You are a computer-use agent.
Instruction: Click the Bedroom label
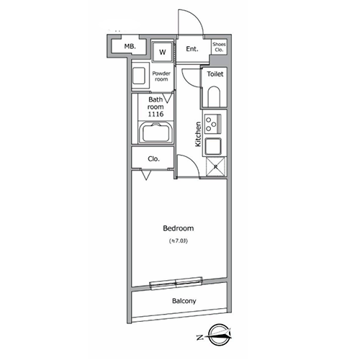[x=179, y=228]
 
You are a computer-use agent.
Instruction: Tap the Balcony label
[x=184, y=301]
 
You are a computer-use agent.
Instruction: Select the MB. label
[x=130, y=46]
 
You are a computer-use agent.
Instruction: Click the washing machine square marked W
[x=163, y=52]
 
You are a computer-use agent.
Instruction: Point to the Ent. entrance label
[x=192, y=49]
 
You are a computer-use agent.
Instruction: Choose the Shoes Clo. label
[x=219, y=47]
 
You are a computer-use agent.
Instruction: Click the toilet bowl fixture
[x=214, y=96]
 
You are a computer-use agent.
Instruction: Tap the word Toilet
[x=215, y=74]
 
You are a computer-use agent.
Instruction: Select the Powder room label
[x=161, y=76]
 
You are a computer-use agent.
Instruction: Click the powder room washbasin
[x=139, y=76]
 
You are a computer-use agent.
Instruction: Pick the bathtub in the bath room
[x=156, y=132]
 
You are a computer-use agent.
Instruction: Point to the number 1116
[x=156, y=114]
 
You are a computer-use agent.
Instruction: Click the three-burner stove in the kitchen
[x=212, y=124]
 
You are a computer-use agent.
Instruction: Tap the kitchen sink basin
[x=213, y=146]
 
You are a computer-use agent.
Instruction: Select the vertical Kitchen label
[x=198, y=134]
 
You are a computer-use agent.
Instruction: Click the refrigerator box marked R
[x=216, y=166]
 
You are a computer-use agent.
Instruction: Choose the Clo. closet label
[x=153, y=159]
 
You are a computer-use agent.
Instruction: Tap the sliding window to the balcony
[x=176, y=283]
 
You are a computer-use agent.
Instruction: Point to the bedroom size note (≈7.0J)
[x=179, y=241]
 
